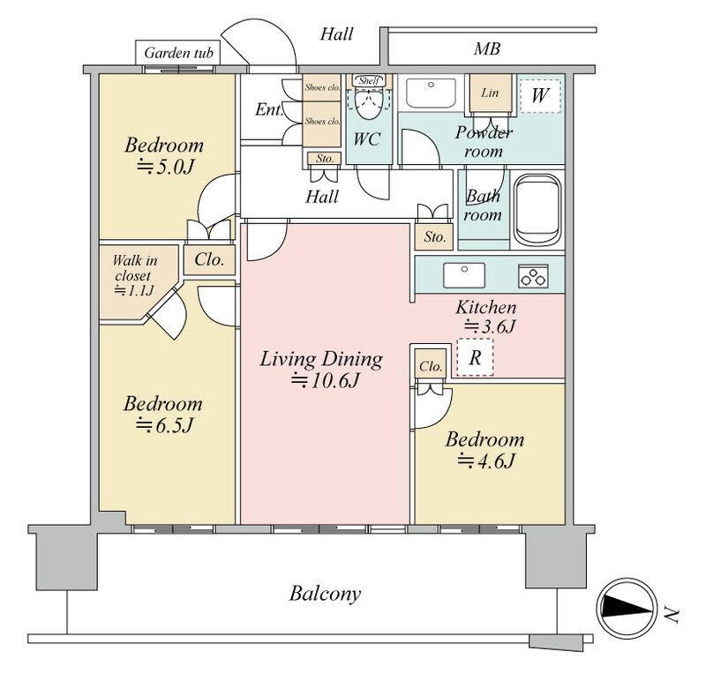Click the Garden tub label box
click(x=178, y=53)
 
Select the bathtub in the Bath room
click(x=537, y=210)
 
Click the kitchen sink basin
click(x=464, y=275)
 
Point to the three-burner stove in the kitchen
click(x=534, y=276)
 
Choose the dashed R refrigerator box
click(x=475, y=357)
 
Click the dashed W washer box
click(x=540, y=95)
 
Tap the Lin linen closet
click(x=491, y=93)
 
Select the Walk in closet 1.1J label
click(x=134, y=275)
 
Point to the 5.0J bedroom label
click(x=164, y=156)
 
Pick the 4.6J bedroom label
click(x=484, y=450)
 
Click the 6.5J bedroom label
click(x=163, y=414)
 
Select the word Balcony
click(x=325, y=594)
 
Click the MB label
click(x=487, y=49)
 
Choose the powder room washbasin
click(x=431, y=94)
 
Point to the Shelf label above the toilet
click(x=369, y=80)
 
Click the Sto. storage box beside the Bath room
click(x=434, y=236)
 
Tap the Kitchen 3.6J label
click(x=487, y=317)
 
